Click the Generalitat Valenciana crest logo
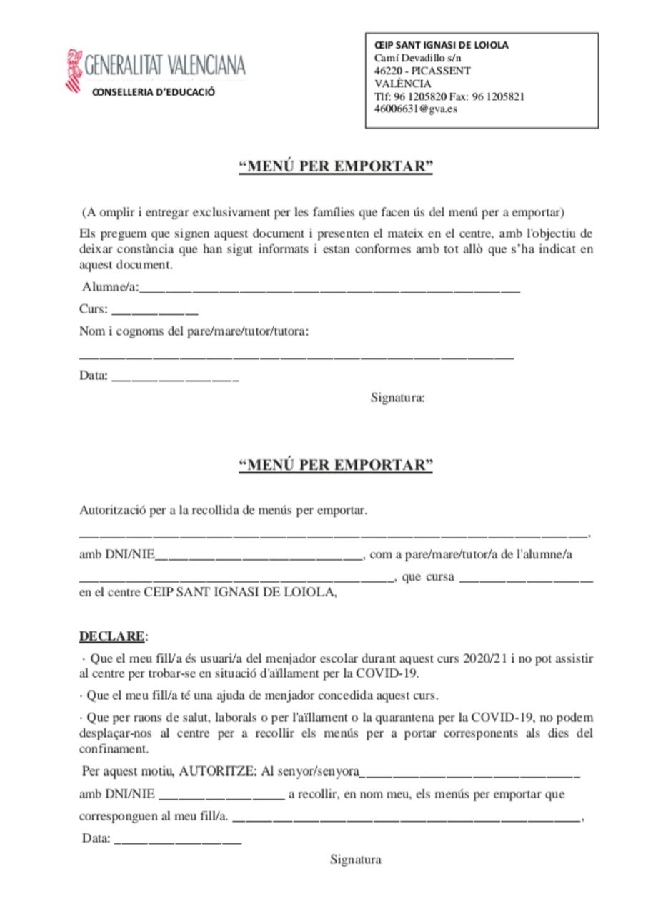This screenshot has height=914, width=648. pyautogui.click(x=74, y=69)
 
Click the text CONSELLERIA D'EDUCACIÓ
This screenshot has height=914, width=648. pyautogui.click(x=153, y=92)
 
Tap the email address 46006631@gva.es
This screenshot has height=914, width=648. pyautogui.click(x=416, y=109)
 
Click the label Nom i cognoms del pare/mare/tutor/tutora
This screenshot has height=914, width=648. pyautogui.click(x=194, y=332)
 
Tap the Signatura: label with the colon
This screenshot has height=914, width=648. pyautogui.click(x=397, y=398)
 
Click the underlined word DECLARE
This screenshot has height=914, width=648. pyautogui.click(x=111, y=636)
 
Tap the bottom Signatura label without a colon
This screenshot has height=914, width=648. pyautogui.click(x=355, y=860)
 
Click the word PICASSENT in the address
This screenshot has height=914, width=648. pyautogui.click(x=441, y=71)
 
